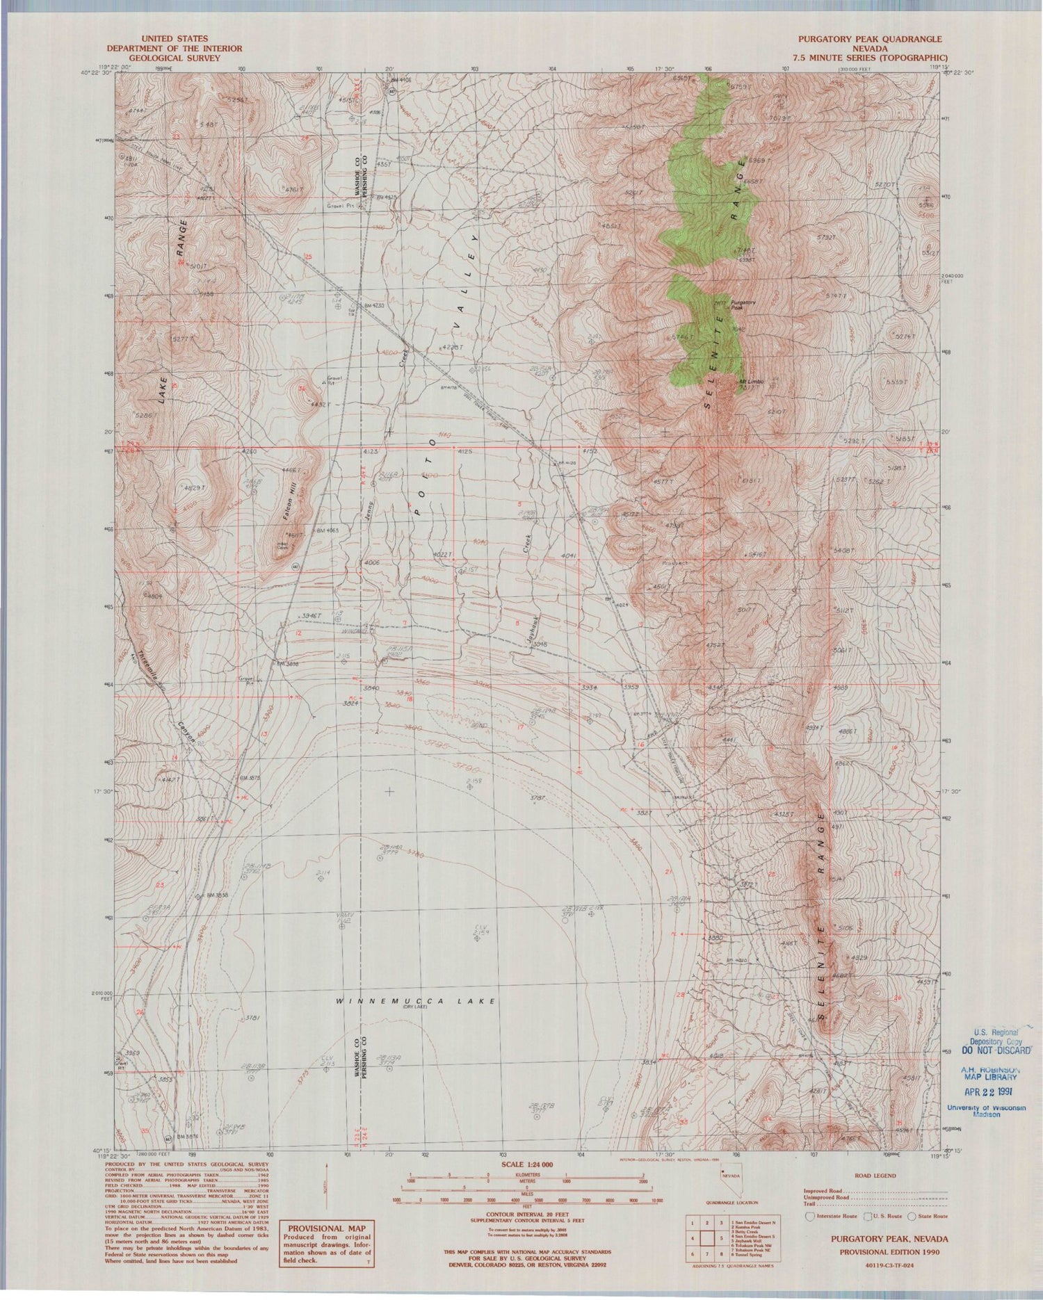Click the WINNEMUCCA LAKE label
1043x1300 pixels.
coord(416,1001)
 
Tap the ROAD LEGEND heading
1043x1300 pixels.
coord(875,1176)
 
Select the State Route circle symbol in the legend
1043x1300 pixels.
coord(912,1217)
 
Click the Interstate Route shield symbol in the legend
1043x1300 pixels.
coord(809,1217)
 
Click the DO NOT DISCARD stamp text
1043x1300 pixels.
coord(995,1050)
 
